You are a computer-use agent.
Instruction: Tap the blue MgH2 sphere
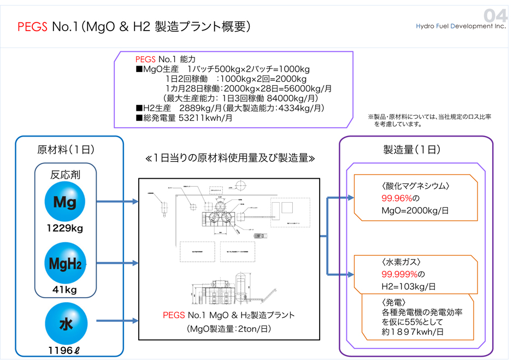(x=65, y=264)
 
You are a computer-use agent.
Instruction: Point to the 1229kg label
(x=65, y=228)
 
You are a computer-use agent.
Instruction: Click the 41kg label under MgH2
(x=65, y=290)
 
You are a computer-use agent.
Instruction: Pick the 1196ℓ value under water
(x=65, y=351)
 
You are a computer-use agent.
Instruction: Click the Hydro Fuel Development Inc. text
(x=461, y=26)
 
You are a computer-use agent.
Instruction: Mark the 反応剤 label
(x=66, y=175)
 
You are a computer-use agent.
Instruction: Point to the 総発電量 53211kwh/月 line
(x=183, y=117)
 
